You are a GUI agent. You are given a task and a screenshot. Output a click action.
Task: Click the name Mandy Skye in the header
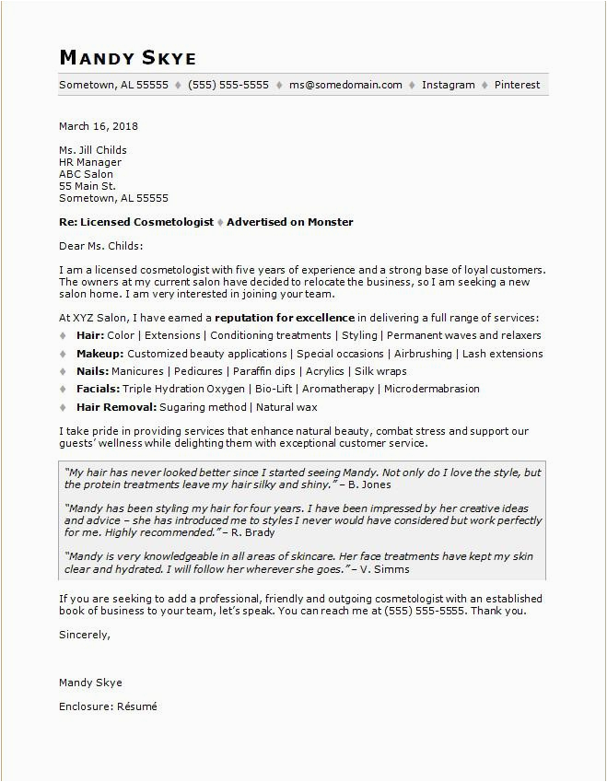pos(127,58)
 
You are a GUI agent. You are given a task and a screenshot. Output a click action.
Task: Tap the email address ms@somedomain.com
pos(345,85)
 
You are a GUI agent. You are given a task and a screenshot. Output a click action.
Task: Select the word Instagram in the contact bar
pos(449,85)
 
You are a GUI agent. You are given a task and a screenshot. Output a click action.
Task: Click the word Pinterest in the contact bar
pos(517,85)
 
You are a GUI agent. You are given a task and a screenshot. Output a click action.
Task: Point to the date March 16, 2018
pos(99,126)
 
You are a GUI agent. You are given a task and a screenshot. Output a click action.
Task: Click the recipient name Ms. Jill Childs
pos(93,150)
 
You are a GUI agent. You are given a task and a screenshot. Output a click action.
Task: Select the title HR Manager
pos(90,162)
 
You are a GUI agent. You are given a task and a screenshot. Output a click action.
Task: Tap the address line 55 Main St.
pos(88,186)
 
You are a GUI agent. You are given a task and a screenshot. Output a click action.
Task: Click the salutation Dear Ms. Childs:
pos(101,246)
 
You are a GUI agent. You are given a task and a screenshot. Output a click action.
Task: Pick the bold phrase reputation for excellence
pos(286,318)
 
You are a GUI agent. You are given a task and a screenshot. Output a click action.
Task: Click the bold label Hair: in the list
pos(90,335)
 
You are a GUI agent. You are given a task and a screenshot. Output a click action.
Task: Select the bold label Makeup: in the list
pos(99,354)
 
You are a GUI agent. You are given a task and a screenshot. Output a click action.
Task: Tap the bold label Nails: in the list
pos(92,371)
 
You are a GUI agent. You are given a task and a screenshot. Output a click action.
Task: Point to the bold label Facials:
pos(98,389)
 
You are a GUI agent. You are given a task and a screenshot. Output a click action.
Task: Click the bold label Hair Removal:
pos(117,407)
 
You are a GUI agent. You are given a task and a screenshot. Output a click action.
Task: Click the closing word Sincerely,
pos(85,635)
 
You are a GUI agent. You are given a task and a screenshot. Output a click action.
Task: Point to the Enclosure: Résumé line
pos(108,706)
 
